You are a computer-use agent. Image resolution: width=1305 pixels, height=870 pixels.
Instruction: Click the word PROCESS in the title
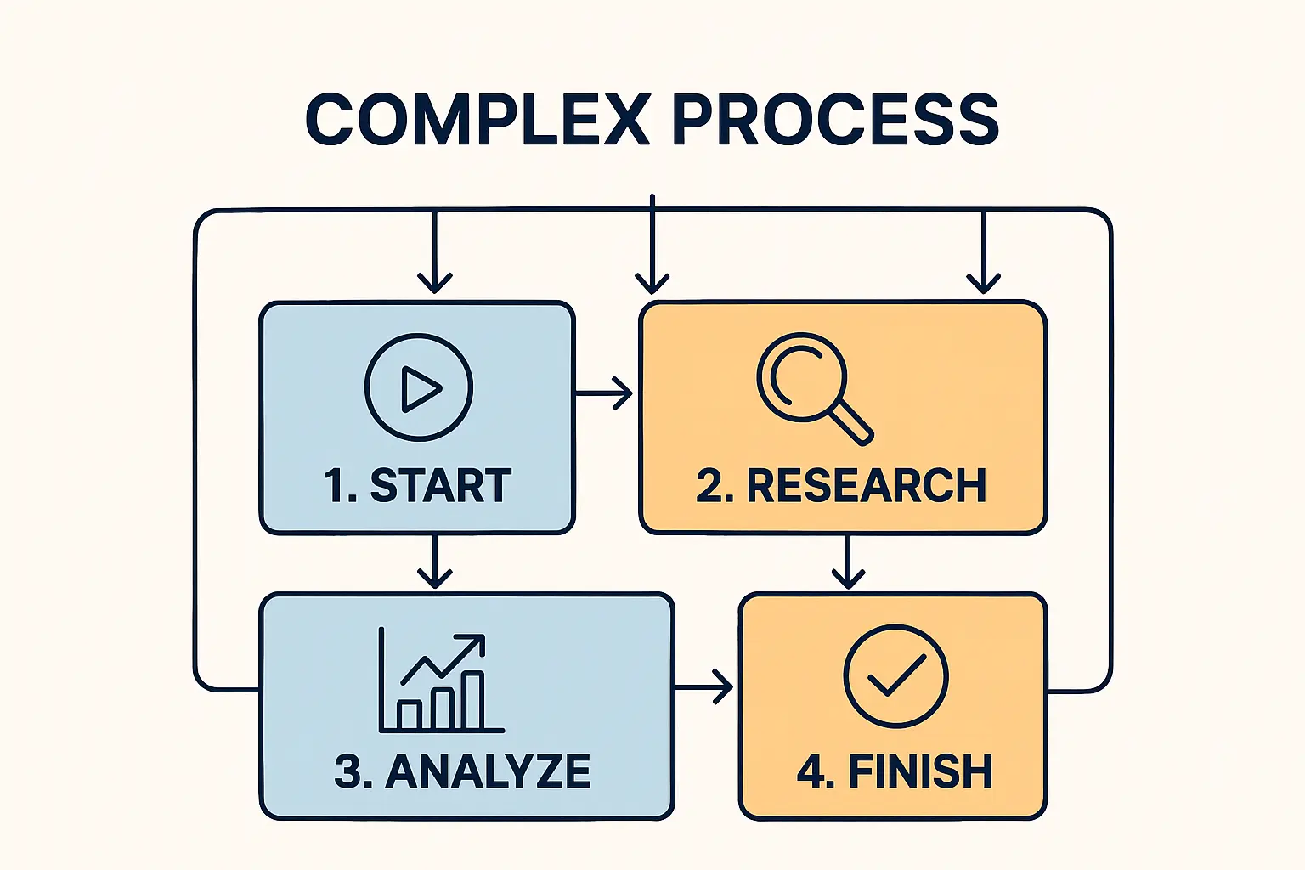[x=835, y=120]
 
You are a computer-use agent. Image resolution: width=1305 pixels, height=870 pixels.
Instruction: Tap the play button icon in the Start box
[x=419, y=387]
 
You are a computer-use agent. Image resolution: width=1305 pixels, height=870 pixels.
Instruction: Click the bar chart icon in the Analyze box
[x=441, y=683]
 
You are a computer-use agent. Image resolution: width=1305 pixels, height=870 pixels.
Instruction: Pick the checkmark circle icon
[x=895, y=676]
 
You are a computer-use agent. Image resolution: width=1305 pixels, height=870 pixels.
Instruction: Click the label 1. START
[x=417, y=486]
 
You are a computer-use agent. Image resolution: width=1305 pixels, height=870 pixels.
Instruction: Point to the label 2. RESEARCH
[x=841, y=486]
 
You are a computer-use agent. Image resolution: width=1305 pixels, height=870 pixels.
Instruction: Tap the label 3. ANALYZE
[x=462, y=771]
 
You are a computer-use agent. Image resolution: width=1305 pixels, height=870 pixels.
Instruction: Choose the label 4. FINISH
[x=895, y=771]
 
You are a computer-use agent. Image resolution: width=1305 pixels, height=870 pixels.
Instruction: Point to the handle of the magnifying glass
[x=850, y=422]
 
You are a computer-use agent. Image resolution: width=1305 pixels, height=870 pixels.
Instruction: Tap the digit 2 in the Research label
[x=708, y=486]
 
